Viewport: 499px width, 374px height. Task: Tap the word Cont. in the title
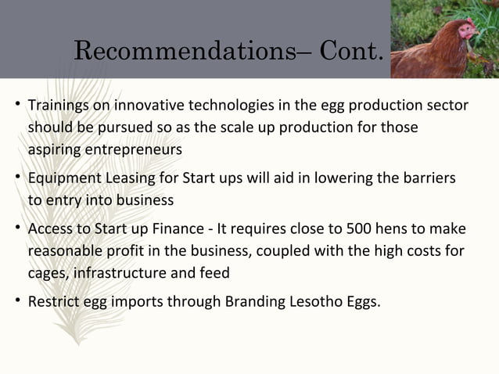click(348, 52)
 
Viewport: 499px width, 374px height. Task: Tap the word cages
click(48, 274)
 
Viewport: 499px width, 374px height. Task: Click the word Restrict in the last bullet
click(52, 300)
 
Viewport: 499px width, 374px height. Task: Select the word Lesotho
click(314, 300)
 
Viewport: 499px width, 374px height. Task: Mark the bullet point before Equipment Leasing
click(16, 178)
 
